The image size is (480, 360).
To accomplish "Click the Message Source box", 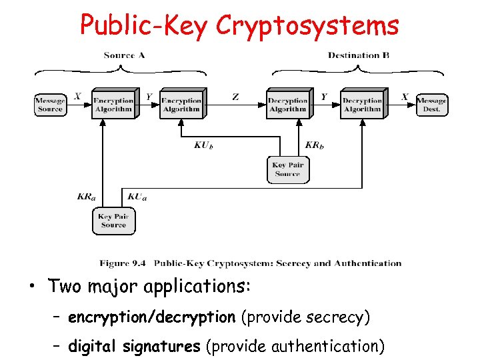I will coord(50,105).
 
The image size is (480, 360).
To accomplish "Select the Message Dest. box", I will coord(431,105).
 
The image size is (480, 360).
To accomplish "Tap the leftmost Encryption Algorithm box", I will coord(113,105).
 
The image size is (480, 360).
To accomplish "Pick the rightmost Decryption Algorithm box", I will coord(362,105).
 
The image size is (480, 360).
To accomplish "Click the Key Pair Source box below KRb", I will coord(287,169).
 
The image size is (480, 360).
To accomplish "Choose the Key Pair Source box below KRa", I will coord(113,221).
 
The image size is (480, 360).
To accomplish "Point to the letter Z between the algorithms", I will coord(235,97).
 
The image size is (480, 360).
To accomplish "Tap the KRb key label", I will coord(315,145).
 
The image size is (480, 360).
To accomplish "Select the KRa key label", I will coord(86,196).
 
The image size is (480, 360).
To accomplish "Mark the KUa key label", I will coord(137,196).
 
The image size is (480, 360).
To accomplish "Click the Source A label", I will coord(124,55).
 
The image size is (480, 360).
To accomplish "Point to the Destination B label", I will coord(359,55).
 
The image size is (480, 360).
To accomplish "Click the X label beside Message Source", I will coord(77,97).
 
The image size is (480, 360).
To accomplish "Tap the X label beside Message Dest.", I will coord(404,97).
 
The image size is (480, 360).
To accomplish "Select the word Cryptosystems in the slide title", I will coord(307,25).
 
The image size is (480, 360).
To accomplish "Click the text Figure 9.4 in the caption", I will coord(121,263).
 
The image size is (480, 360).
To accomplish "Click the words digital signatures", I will coord(134,345).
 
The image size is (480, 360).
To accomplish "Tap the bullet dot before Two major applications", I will coord(31,288).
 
